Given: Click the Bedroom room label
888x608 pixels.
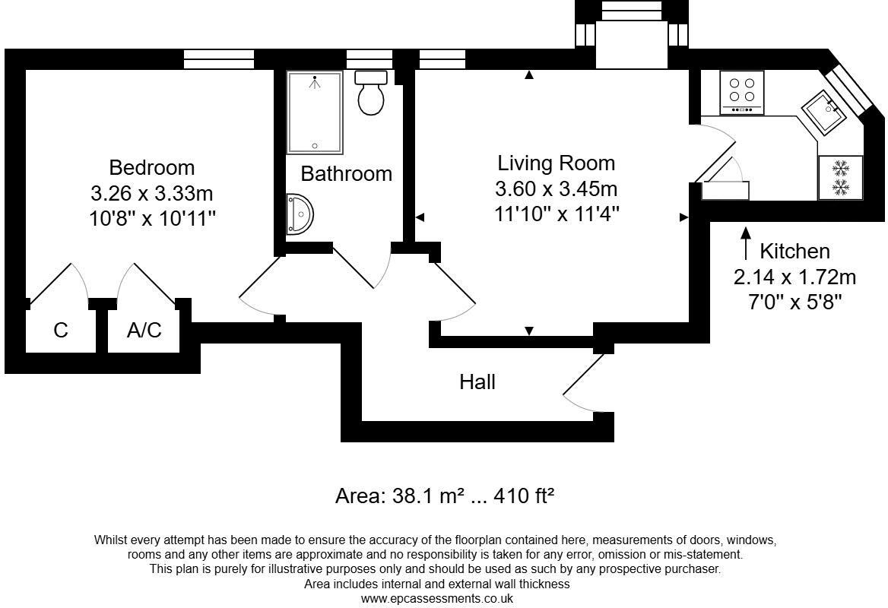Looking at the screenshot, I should point(151,167).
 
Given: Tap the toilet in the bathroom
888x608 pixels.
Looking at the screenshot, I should point(371,93).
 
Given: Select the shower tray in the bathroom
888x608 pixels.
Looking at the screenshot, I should point(315,112).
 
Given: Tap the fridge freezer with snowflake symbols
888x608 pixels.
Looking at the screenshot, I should point(840,177).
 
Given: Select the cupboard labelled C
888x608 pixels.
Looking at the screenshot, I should point(61,331).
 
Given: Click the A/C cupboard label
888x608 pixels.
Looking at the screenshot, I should point(144,331).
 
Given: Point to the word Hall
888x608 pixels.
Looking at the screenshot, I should point(477,382).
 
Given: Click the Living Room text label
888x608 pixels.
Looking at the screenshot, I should point(556,163).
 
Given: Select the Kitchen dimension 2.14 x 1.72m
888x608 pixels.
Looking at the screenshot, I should point(794,277).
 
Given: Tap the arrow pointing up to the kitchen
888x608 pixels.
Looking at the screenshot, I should point(746,243).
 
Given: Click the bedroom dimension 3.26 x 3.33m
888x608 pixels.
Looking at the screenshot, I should point(151,193).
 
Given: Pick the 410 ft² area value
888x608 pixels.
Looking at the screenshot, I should point(524,496).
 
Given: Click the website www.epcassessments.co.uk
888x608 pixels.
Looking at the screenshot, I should point(436,598).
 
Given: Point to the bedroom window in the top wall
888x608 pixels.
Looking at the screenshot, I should point(219,59).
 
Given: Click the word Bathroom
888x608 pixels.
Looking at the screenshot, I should point(346,173).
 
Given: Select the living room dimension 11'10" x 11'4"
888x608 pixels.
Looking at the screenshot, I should point(556,214).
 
